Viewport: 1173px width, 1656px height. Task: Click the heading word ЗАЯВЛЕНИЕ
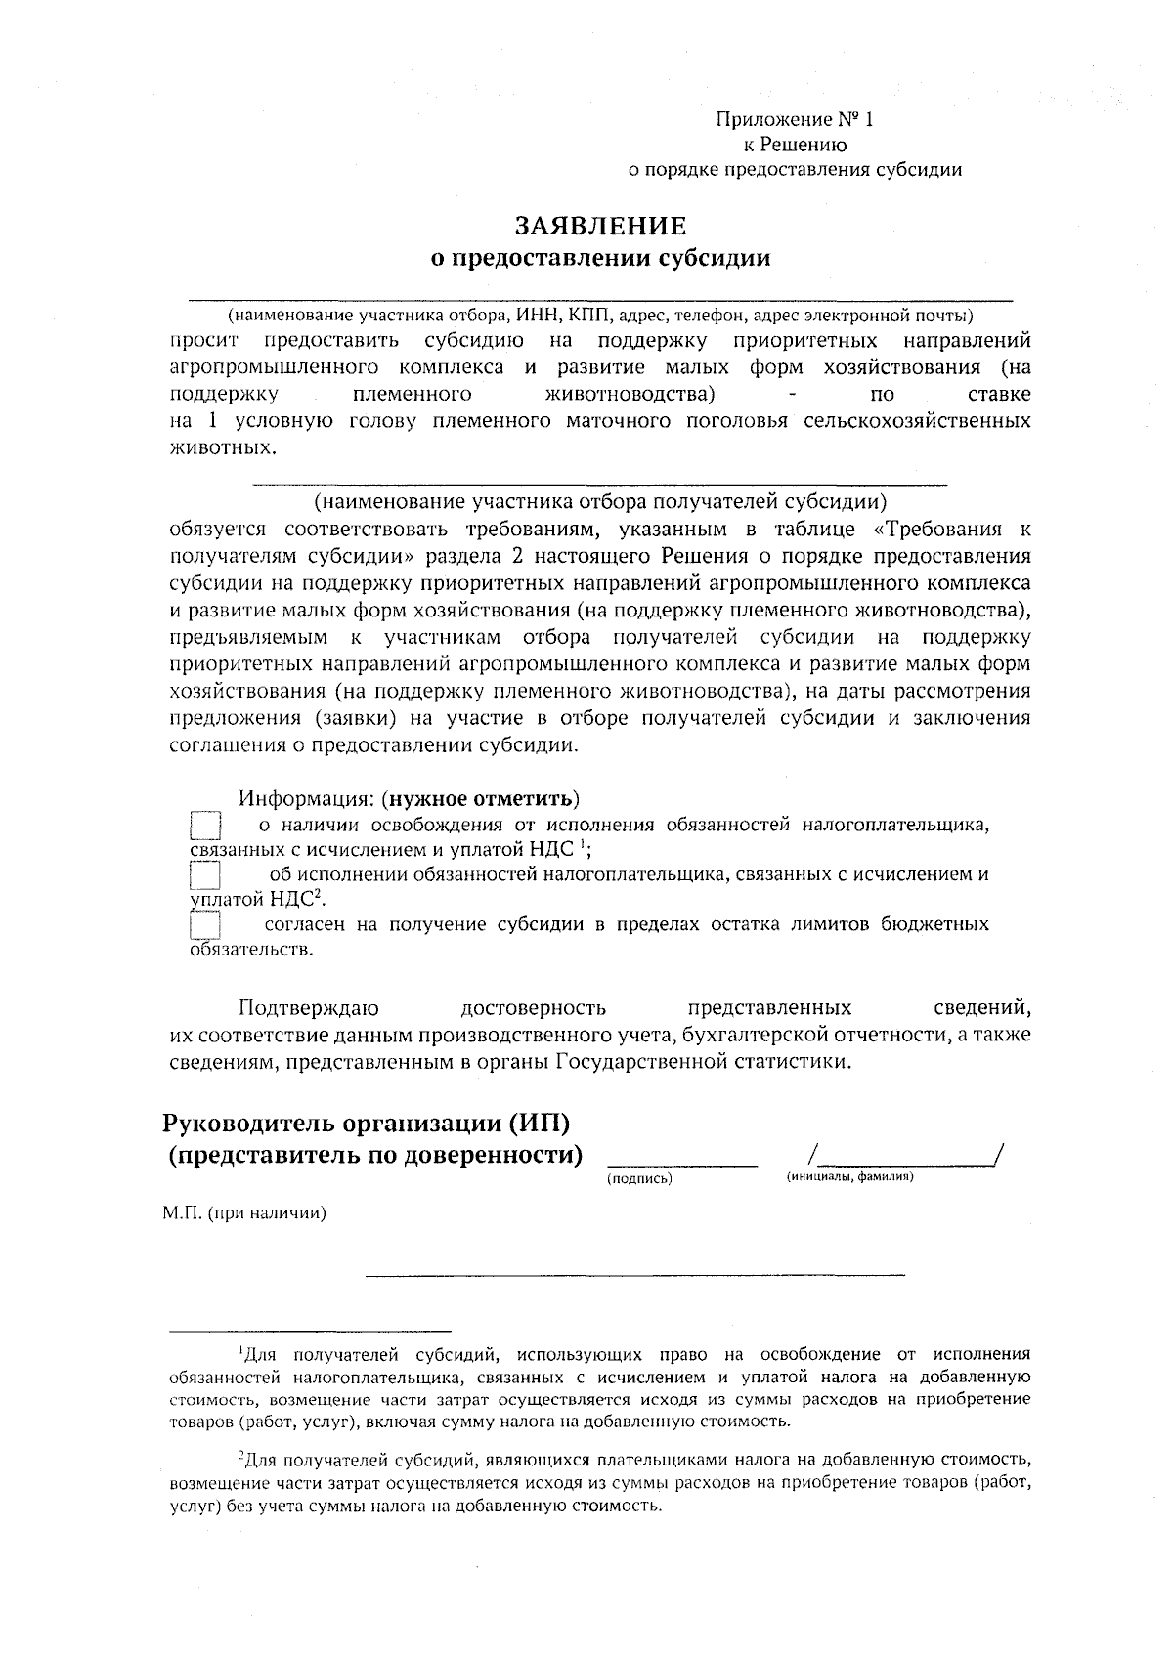[600, 226]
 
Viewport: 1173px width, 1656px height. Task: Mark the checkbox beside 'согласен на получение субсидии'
[205, 925]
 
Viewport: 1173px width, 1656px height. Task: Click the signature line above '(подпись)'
[682, 1163]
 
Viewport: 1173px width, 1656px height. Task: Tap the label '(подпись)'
[639, 1180]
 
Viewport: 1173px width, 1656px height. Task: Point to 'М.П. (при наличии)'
[243, 1213]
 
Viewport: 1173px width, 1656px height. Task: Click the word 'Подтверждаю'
[309, 1007]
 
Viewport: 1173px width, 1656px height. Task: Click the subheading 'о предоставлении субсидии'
[600, 259]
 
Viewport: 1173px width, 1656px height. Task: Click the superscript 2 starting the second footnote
[240, 1457]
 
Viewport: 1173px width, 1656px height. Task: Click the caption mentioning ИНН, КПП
[600, 316]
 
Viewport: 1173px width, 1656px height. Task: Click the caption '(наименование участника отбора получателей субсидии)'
[600, 502]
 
